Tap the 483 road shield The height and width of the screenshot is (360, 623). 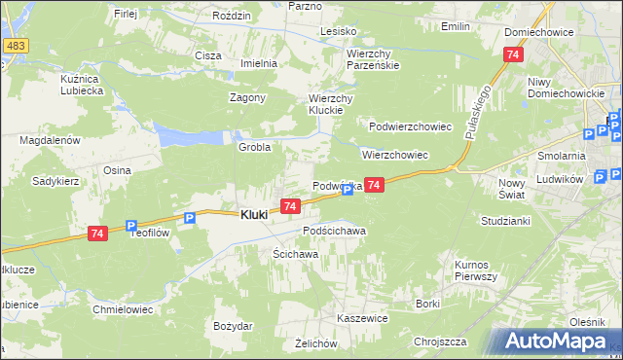tap(15, 46)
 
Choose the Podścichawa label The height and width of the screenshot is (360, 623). tap(334, 231)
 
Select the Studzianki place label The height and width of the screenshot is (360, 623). tap(503, 221)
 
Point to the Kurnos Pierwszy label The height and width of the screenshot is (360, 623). tap(476, 270)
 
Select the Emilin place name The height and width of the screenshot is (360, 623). tap(456, 26)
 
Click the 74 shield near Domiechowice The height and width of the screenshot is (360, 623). tap(512, 55)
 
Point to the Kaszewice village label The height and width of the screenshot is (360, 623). tap(362, 318)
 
